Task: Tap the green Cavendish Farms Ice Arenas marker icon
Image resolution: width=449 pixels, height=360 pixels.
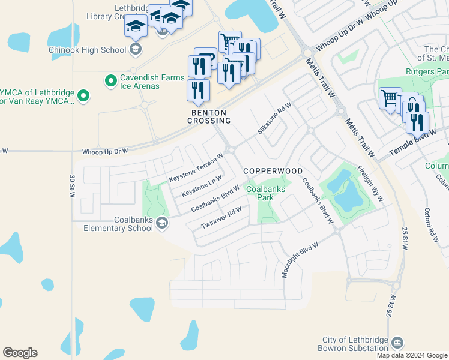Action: [110, 80]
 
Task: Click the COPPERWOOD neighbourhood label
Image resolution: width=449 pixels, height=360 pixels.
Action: [273, 171]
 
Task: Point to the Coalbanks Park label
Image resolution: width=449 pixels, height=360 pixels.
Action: [267, 192]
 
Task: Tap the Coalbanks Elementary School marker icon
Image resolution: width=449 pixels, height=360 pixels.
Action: [161, 224]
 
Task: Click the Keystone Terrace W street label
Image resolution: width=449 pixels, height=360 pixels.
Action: [196, 167]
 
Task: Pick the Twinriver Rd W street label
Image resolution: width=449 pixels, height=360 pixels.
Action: [222, 217]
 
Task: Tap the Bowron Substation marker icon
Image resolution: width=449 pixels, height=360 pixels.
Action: [397, 343]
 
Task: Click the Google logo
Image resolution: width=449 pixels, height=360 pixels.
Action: [20, 353]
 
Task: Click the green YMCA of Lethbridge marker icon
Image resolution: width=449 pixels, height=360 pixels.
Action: [83, 95]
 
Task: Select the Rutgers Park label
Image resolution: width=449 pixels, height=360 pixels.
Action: [428, 72]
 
